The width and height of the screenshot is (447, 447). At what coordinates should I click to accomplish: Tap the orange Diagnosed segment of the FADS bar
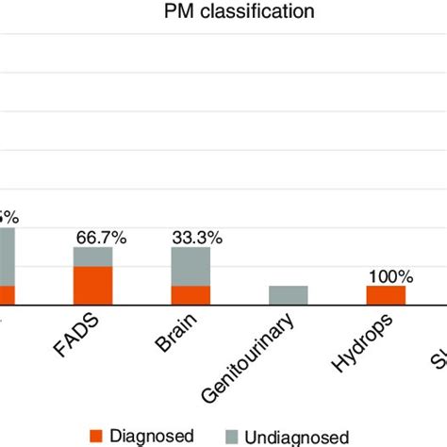(x=93, y=286)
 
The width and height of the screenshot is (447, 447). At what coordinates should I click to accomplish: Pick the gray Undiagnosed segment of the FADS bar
(x=93, y=257)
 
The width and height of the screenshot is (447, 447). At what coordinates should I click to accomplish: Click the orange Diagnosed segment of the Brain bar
(x=191, y=295)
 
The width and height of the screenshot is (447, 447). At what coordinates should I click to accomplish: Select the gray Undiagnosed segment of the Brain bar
(x=191, y=266)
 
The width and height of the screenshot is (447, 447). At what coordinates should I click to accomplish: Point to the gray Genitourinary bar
(x=289, y=295)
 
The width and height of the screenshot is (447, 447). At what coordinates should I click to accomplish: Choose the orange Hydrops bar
(x=386, y=295)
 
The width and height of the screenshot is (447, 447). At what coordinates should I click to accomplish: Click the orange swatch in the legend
(x=95, y=435)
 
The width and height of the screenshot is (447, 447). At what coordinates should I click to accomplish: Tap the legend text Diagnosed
(x=153, y=435)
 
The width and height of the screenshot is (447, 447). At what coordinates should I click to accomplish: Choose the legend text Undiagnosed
(x=296, y=436)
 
